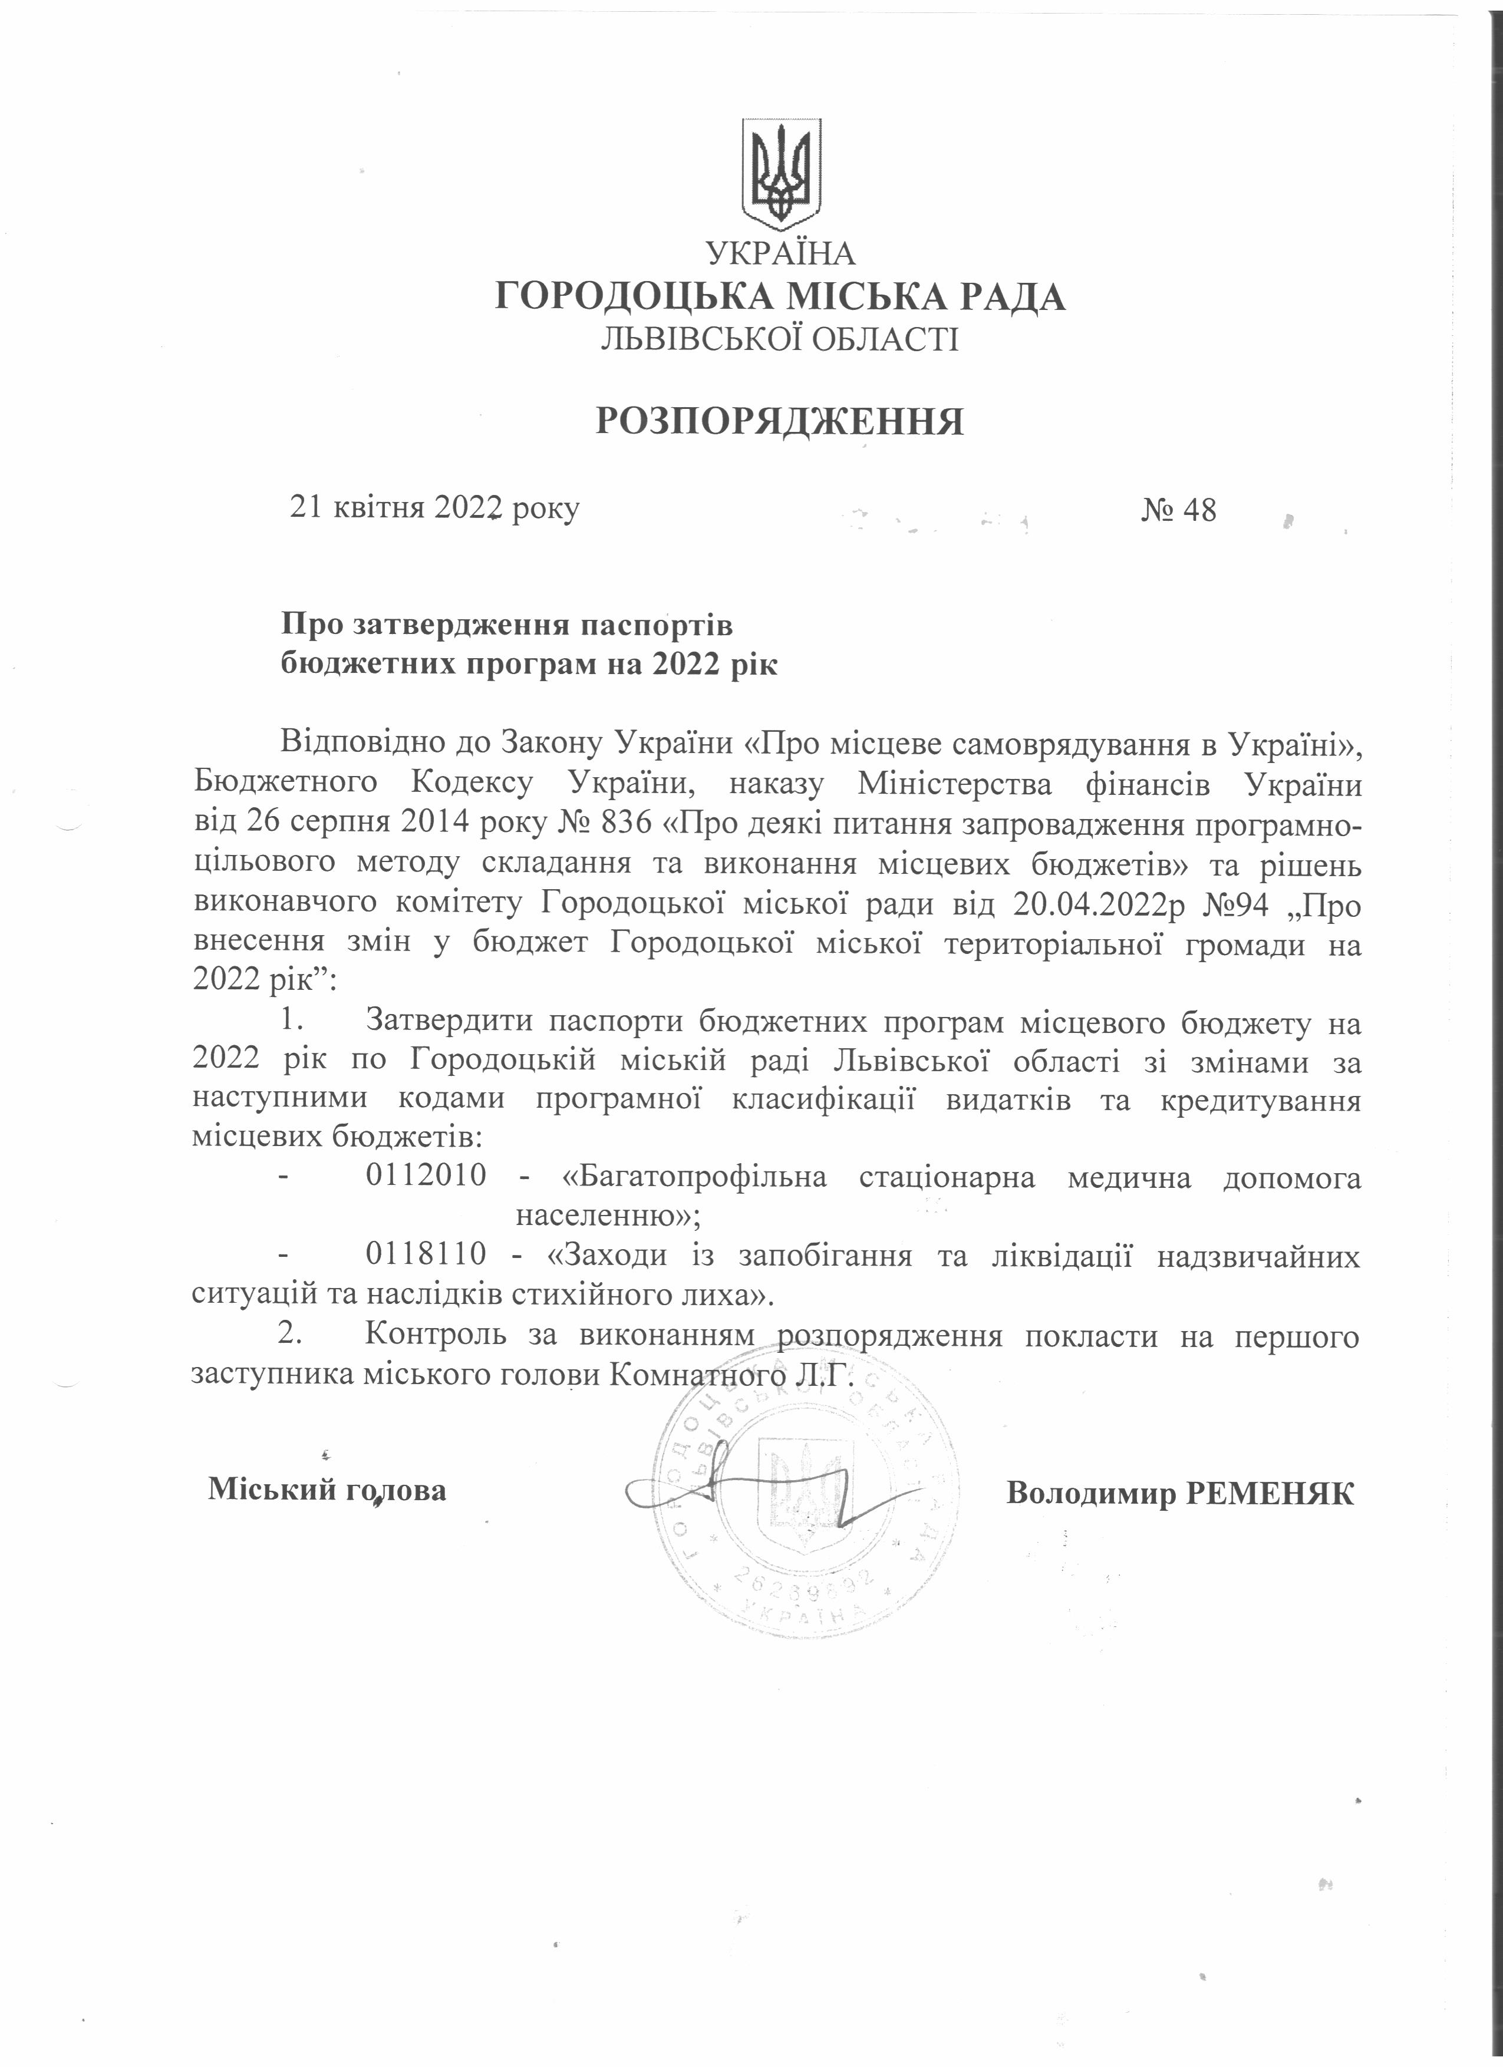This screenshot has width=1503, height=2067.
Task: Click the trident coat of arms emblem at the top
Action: (781, 174)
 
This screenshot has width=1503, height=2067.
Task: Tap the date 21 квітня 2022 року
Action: (434, 508)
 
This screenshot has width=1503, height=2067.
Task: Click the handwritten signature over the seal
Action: (743, 1487)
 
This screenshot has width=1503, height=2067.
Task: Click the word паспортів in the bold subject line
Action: (656, 626)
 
